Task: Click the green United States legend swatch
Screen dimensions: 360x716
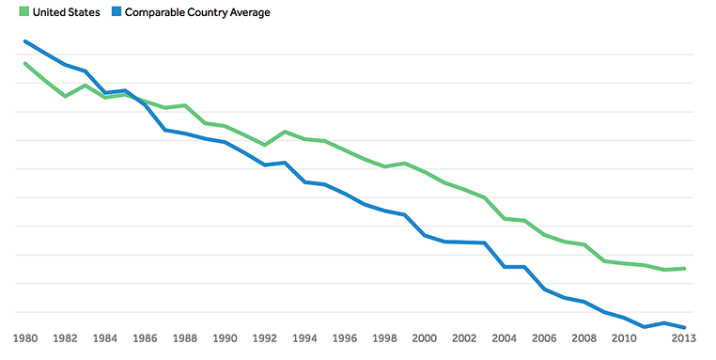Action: pyautogui.click(x=23, y=12)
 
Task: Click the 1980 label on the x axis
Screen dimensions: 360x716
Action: pyautogui.click(x=25, y=338)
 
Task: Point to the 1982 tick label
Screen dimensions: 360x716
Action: pyautogui.click(x=65, y=338)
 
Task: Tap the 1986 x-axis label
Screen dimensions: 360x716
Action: pyautogui.click(x=145, y=338)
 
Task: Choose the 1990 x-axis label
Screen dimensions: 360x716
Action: pyautogui.click(x=225, y=338)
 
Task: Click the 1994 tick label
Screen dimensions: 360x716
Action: pyautogui.click(x=304, y=338)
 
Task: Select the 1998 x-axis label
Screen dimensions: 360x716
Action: pyautogui.click(x=384, y=338)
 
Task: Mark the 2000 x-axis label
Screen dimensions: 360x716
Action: pyautogui.click(x=425, y=338)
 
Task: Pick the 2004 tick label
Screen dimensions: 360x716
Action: pyautogui.click(x=505, y=338)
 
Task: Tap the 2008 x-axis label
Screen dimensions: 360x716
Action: pyautogui.click(x=584, y=338)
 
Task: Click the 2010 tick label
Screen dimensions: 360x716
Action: pyautogui.click(x=624, y=338)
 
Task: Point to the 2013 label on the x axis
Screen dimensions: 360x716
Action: pyautogui.click(x=684, y=338)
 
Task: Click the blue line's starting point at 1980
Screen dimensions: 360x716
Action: pyautogui.click(x=25, y=41)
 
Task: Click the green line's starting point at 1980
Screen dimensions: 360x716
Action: pyautogui.click(x=25, y=63)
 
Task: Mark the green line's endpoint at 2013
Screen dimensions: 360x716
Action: pyautogui.click(x=685, y=269)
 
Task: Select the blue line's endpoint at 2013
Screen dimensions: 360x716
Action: pyautogui.click(x=685, y=327)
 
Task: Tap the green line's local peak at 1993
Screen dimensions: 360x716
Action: pyautogui.click(x=285, y=132)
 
